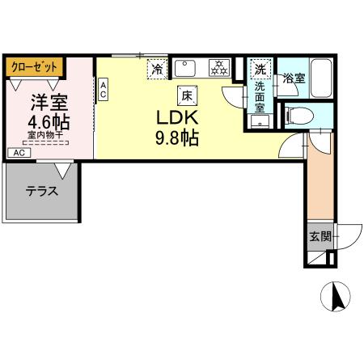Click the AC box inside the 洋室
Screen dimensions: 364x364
(x=17, y=152)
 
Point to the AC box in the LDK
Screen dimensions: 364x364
(x=104, y=89)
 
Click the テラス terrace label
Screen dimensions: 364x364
(x=40, y=192)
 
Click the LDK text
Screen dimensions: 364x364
(x=177, y=116)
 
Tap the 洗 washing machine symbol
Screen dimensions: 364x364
(x=260, y=69)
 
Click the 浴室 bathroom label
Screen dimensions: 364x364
(x=294, y=78)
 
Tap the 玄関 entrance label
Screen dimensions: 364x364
(x=319, y=237)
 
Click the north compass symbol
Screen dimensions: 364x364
(x=339, y=299)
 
